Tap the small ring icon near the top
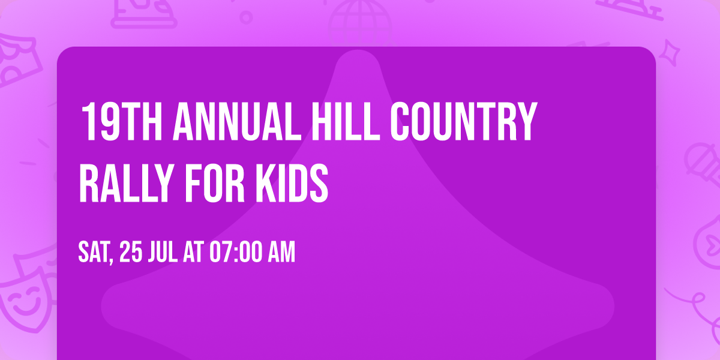pos(245,17)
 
